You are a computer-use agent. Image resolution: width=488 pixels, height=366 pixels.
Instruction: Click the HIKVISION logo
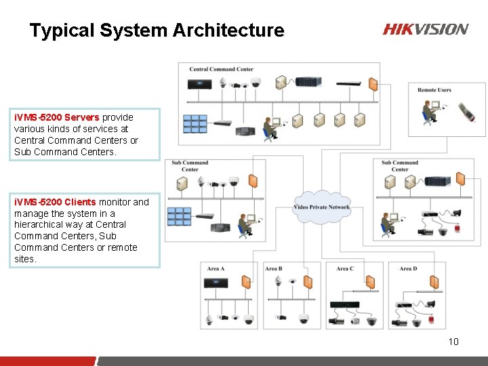click(425, 29)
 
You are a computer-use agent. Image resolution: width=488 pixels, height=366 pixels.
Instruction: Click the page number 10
click(453, 341)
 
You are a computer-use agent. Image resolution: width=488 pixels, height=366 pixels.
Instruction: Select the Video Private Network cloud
click(322, 207)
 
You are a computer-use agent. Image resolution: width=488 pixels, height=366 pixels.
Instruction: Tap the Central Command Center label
click(221, 69)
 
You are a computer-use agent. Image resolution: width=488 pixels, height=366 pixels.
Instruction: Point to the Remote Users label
click(434, 89)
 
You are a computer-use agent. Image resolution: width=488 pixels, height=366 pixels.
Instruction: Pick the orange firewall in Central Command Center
click(372, 85)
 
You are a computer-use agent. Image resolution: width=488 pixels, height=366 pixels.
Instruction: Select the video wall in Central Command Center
click(195, 123)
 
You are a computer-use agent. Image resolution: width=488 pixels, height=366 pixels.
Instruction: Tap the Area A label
click(216, 269)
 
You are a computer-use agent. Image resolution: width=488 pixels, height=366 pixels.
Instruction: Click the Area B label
click(274, 269)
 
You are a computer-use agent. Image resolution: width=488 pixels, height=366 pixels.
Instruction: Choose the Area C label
click(345, 269)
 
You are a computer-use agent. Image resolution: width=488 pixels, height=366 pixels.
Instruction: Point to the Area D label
click(408, 269)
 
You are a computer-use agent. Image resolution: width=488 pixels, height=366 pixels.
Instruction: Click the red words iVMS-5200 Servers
click(56, 117)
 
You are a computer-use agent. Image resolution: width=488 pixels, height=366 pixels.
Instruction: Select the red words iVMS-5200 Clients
click(55, 202)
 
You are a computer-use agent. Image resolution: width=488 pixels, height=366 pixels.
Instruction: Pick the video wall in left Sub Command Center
click(180, 215)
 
